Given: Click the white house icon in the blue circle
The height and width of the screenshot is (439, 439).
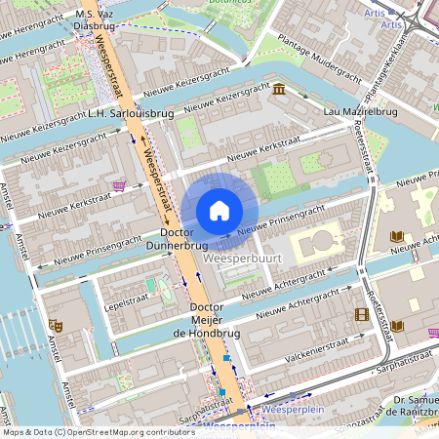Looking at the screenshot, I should [x=219, y=210].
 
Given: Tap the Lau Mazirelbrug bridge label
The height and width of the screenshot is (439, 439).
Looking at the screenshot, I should [x=361, y=113].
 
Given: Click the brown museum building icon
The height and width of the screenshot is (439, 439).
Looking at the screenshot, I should [x=280, y=91].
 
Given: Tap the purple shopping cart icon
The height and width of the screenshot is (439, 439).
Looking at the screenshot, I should [x=119, y=185].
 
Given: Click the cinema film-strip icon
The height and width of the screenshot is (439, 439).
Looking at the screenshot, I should [x=363, y=314].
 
